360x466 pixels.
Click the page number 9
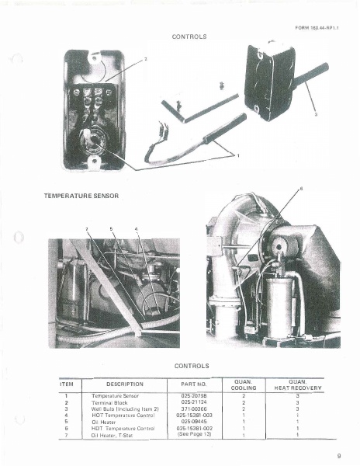pos(339,457)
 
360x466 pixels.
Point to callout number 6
pos(302,190)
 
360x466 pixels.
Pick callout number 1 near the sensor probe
pos(238,155)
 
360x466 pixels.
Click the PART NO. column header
pos(191,384)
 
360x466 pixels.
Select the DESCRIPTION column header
pos(125,384)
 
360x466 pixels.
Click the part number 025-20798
pos(192,396)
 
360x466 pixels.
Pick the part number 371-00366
pos(192,409)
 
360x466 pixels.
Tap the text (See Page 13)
pos(192,434)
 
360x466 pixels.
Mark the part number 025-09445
pos(192,421)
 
